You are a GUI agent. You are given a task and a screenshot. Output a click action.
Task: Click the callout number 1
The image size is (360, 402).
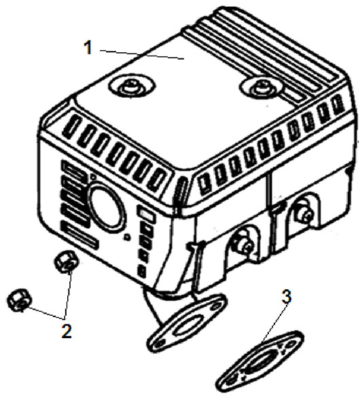tap(88, 47)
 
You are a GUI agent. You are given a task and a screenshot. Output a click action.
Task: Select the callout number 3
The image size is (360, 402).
tap(287, 297)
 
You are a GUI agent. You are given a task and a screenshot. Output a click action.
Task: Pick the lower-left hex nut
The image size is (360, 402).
tap(19, 300)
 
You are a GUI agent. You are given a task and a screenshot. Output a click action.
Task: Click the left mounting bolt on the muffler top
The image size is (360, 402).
tap(132, 88)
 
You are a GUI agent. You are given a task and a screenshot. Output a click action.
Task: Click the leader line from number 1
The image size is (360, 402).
tap(142, 54)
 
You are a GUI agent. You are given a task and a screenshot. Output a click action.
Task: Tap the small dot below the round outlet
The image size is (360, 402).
tap(126, 237)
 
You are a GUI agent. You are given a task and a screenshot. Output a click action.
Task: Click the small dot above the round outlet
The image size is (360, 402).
tap(94, 177)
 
